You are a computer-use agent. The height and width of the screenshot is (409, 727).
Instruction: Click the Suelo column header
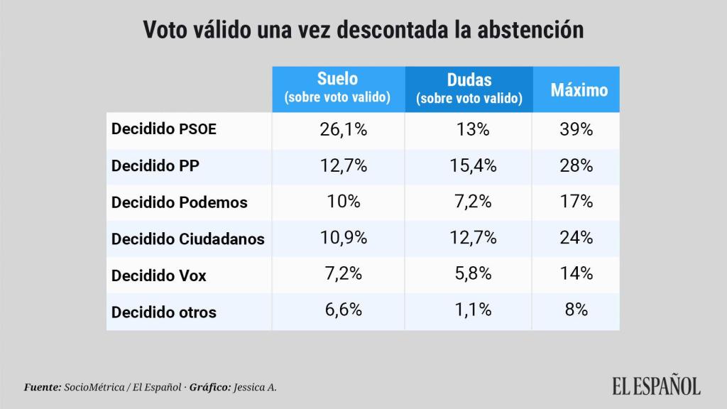point(338,88)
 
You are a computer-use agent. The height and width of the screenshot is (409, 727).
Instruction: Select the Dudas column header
point(469,89)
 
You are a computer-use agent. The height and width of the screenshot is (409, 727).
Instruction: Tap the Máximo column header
point(579,90)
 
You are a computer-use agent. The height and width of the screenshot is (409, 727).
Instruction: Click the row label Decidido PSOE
point(164,129)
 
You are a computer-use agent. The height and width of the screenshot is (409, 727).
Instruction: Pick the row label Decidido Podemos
point(180,202)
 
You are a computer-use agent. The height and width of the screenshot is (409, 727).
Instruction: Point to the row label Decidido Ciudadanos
point(188,239)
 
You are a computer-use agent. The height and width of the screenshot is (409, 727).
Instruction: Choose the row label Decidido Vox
point(159,276)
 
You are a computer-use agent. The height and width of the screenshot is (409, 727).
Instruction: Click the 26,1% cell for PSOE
point(338,129)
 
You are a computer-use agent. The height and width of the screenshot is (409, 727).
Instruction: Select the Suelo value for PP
point(338,165)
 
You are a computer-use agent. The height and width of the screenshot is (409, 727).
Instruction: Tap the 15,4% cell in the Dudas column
point(469,165)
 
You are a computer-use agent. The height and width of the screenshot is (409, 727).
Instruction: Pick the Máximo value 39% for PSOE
point(575,129)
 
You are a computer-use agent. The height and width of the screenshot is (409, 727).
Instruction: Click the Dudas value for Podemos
point(469,202)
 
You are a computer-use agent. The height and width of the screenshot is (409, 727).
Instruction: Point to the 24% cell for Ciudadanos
point(575,238)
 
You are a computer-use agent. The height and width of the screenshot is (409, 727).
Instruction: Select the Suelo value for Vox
point(338,274)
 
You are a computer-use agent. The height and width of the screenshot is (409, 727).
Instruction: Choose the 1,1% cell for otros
point(469,310)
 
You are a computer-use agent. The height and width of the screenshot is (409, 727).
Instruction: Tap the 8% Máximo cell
point(575,310)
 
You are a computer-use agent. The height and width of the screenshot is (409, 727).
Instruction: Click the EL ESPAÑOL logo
point(656,386)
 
